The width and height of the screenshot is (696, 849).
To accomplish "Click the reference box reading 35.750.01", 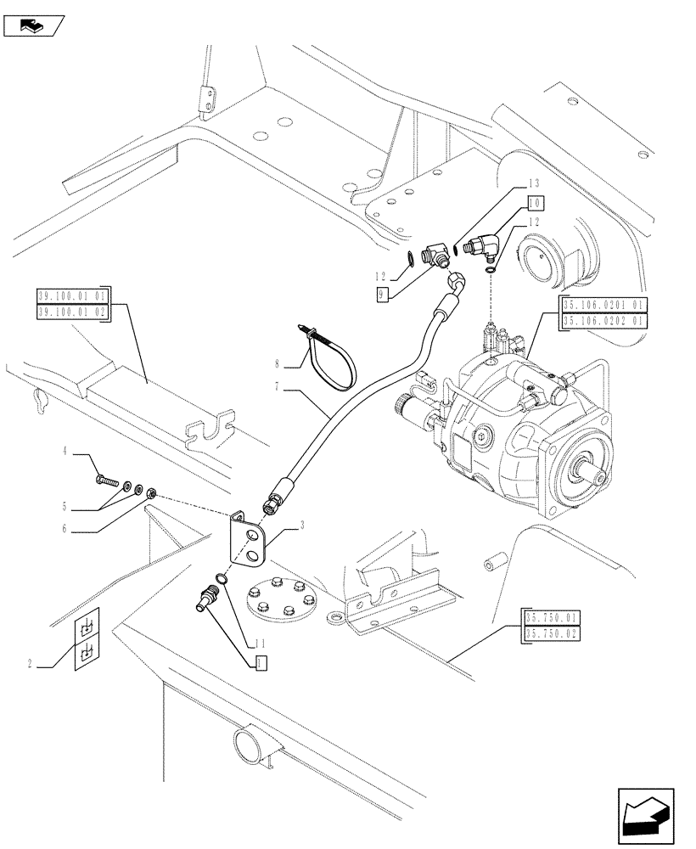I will click(553, 618).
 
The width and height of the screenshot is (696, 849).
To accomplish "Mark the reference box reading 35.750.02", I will click(553, 633).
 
